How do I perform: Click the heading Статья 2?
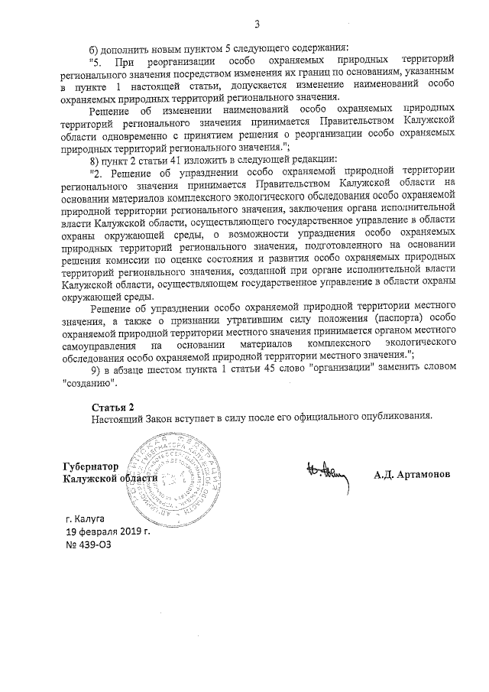pyautogui.click(x=112, y=405)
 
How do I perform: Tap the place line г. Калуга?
pyautogui.click(x=86, y=518)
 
